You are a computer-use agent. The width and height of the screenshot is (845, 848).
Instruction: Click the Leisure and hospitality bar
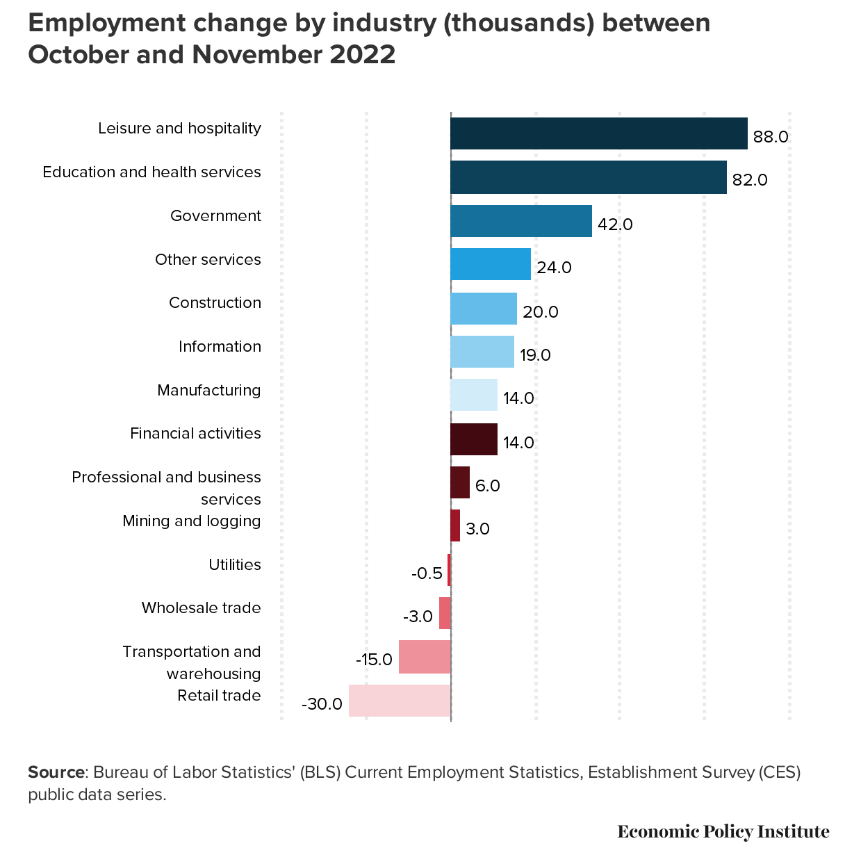click(x=598, y=133)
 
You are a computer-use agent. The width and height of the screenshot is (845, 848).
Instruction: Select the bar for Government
click(x=520, y=221)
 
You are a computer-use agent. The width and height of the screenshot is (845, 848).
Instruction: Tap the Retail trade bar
click(x=400, y=701)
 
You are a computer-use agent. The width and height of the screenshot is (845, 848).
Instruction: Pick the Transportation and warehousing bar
click(x=425, y=657)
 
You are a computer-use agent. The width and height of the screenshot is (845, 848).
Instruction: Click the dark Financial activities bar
click(x=474, y=439)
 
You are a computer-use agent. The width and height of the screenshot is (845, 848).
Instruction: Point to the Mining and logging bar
click(x=455, y=525)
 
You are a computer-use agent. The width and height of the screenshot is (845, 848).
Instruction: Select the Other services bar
click(x=490, y=264)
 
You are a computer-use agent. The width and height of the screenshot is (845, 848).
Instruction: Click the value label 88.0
click(x=771, y=137)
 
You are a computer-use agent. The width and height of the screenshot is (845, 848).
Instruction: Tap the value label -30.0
click(x=322, y=704)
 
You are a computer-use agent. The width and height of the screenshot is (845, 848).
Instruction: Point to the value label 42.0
click(x=615, y=225)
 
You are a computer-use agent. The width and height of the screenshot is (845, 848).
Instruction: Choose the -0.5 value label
click(x=427, y=573)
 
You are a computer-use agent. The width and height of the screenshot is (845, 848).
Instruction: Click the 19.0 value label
click(x=535, y=355)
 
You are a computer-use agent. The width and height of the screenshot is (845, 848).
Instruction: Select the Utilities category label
click(x=235, y=564)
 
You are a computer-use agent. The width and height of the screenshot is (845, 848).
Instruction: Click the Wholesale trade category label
click(x=201, y=608)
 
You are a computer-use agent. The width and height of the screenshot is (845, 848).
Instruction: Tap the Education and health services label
click(x=151, y=172)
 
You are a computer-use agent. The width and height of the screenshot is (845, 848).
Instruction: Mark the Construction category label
click(x=215, y=303)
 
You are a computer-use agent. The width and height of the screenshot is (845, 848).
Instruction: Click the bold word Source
click(x=56, y=772)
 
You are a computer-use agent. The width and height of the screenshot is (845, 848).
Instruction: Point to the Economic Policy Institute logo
click(x=723, y=831)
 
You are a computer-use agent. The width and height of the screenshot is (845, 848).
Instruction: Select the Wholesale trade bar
click(x=445, y=613)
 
